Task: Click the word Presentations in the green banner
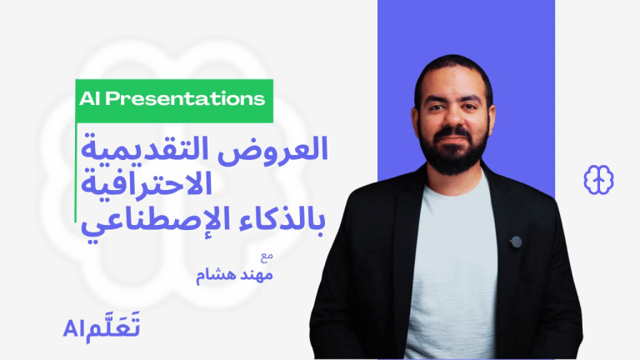(185, 98)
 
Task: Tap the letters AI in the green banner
(89, 98)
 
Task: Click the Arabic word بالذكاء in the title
(282, 218)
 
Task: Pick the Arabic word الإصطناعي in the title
(157, 222)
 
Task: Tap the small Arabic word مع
(267, 257)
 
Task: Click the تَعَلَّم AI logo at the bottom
(102, 327)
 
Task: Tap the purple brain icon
(598, 180)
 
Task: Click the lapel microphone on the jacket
(516, 242)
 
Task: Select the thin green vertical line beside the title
(76, 172)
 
